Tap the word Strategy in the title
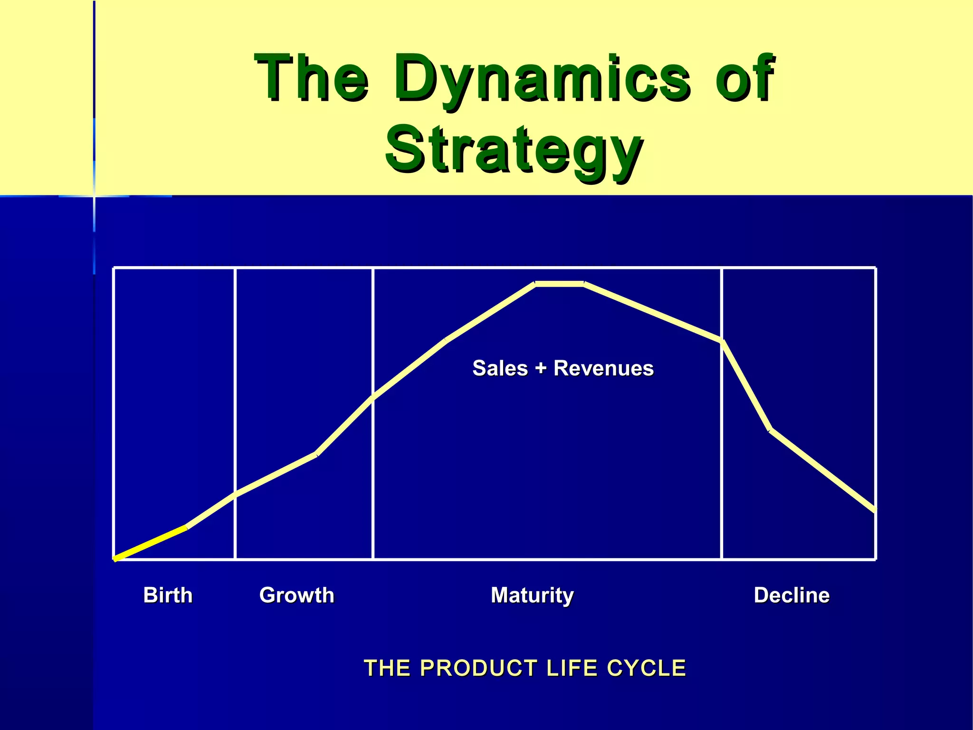click(x=514, y=150)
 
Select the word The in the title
click(x=311, y=78)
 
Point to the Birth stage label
click(x=168, y=595)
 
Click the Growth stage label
click(x=296, y=595)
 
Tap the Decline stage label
click(x=792, y=595)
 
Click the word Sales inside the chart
click(x=500, y=368)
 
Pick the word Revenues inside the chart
click(x=603, y=368)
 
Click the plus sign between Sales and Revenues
click(x=541, y=369)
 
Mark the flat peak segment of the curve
click(x=560, y=284)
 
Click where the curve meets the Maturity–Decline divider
click(x=722, y=341)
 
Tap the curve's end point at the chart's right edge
click(x=875, y=511)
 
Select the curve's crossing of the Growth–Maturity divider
click(x=373, y=398)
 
